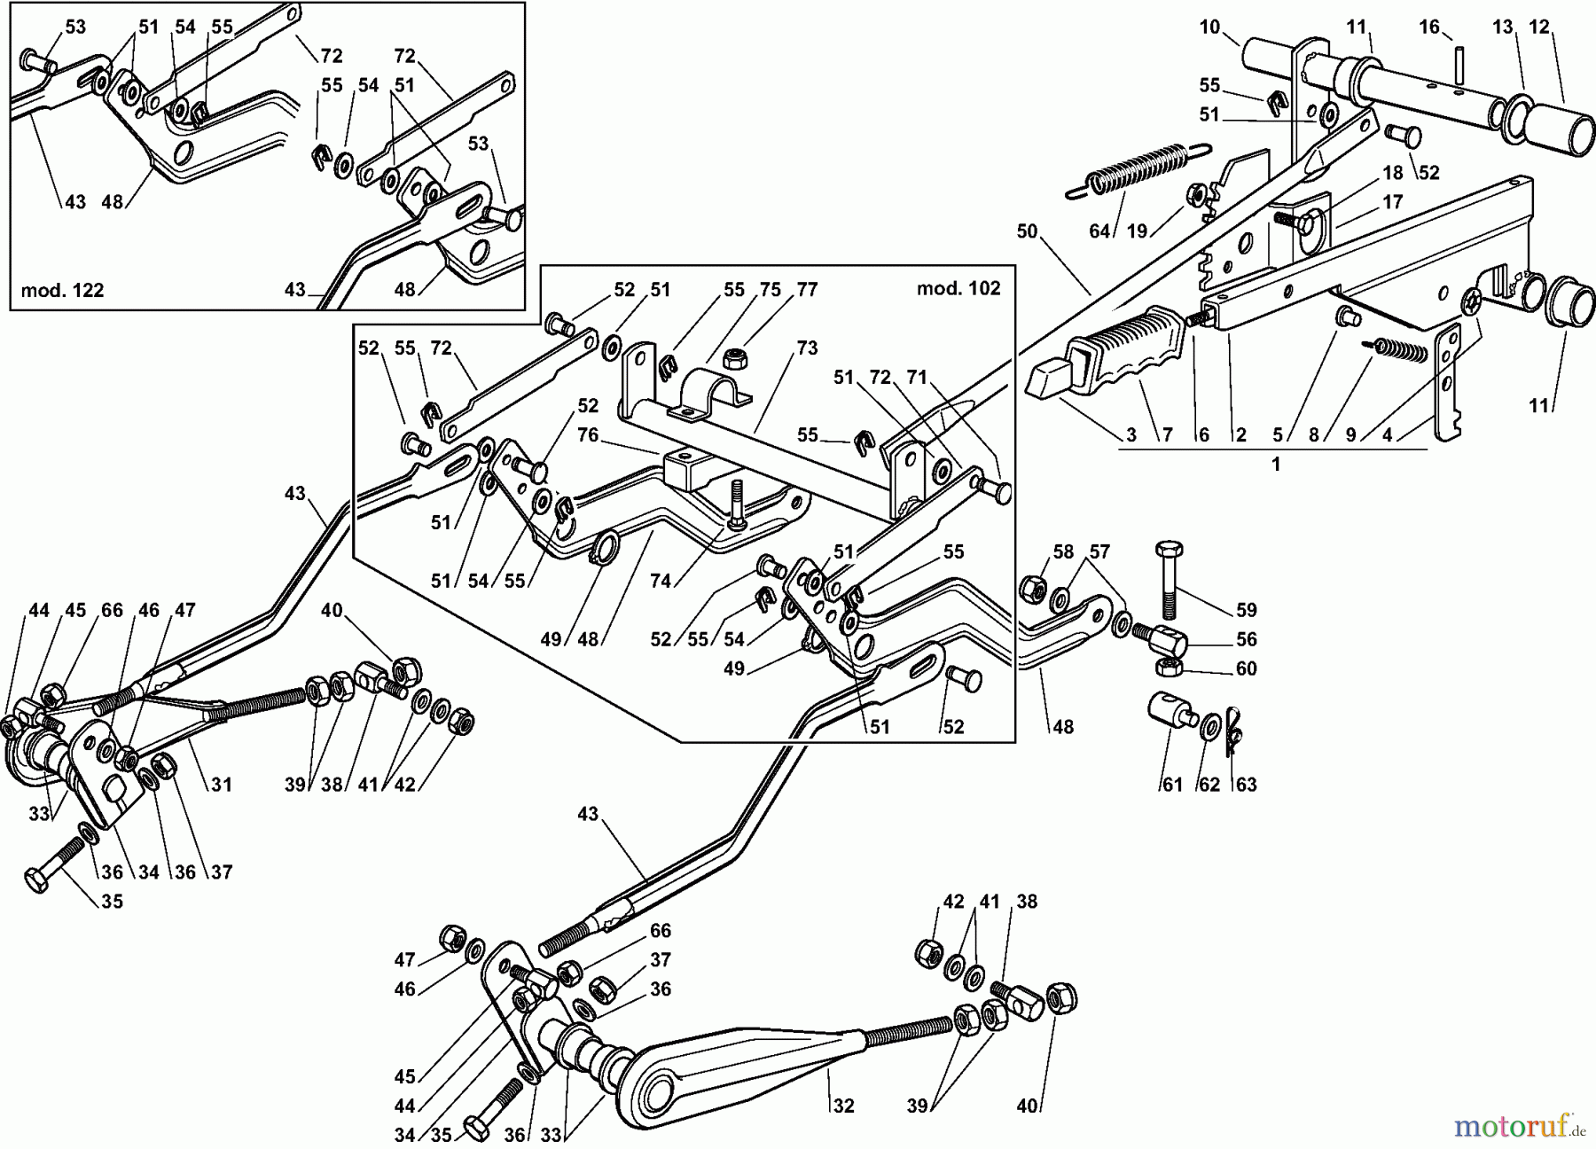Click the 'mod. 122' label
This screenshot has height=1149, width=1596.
click(62, 290)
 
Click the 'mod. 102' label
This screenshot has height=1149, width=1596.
click(958, 288)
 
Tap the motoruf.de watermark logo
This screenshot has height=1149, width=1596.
click(1518, 1126)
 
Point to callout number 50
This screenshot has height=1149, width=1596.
click(1027, 231)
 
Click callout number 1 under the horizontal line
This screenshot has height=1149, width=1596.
click(1276, 465)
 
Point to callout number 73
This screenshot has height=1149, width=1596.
click(806, 348)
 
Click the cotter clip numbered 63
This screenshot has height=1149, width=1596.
click(1233, 729)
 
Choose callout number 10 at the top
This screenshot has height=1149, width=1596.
click(1210, 27)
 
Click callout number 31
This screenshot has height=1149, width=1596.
click(221, 785)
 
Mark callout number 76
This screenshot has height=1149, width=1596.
click(587, 434)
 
